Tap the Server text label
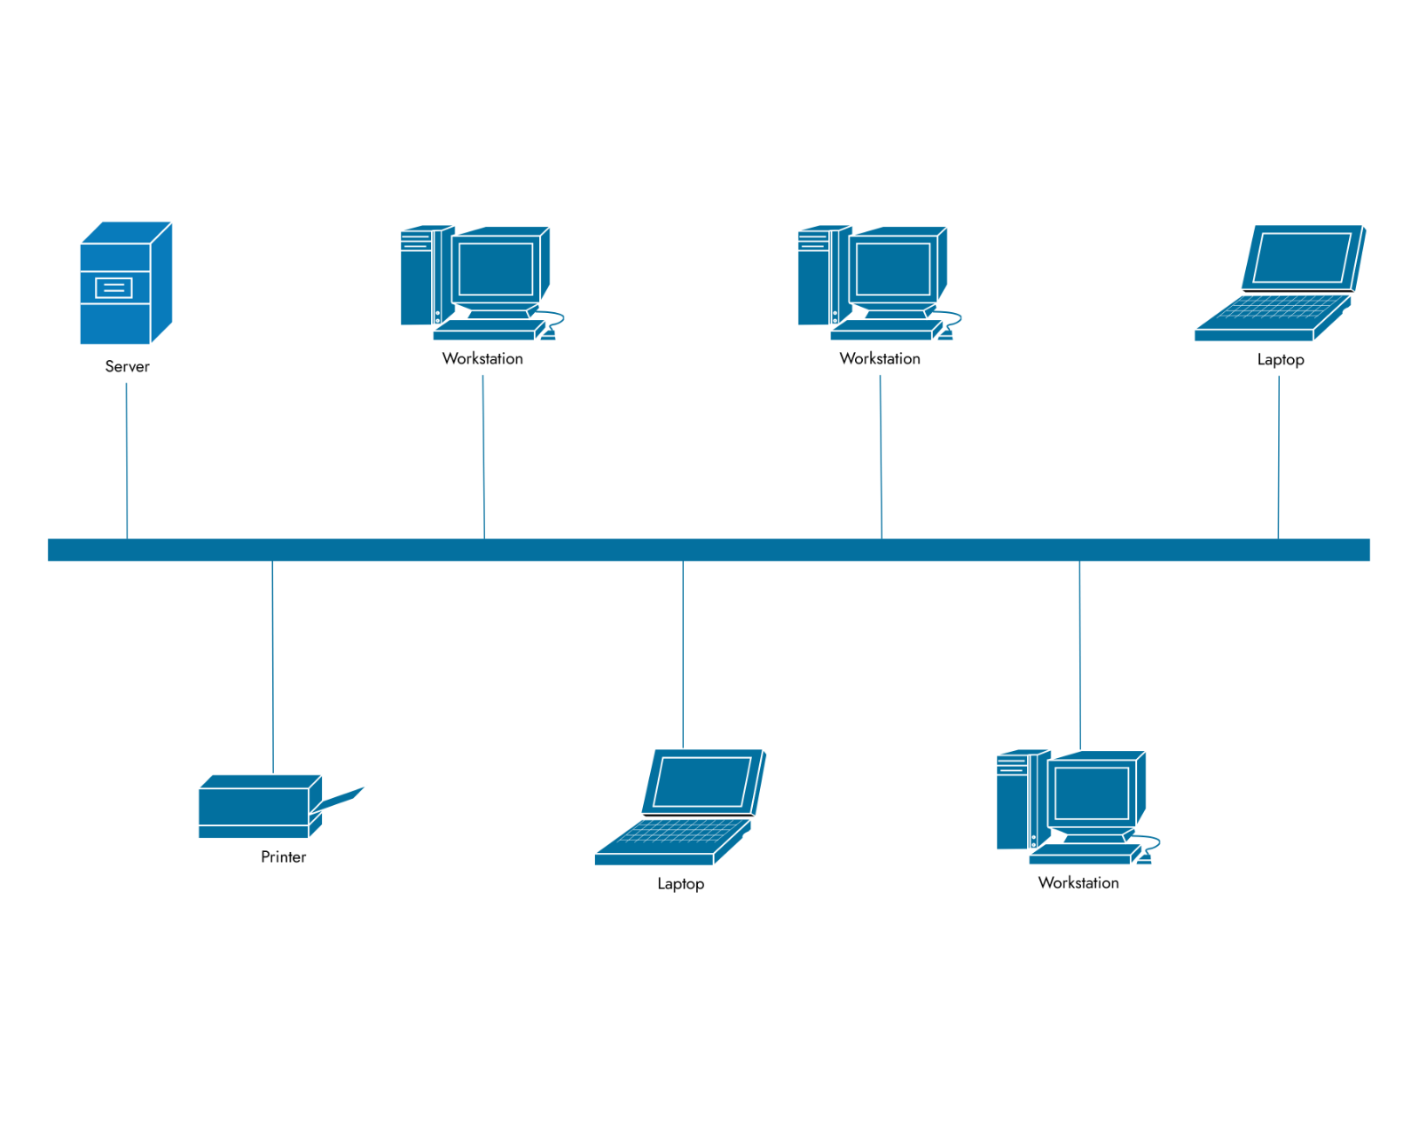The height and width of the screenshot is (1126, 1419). coord(127,366)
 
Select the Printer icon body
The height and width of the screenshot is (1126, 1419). coord(254,807)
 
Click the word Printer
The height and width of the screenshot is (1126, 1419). coord(283,856)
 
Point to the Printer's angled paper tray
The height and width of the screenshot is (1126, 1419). coord(341,798)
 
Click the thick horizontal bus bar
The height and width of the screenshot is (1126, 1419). coord(709,550)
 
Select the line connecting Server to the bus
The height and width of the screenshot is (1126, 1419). coord(127,461)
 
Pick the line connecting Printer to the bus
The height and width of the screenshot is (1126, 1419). coord(272,665)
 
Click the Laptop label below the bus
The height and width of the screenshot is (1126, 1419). coord(680,884)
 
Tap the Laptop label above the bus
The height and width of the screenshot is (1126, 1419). coord(1280,359)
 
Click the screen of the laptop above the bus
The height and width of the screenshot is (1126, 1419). coord(1302,257)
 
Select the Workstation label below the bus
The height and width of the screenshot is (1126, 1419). coord(1078,882)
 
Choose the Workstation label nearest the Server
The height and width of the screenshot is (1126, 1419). coord(482,358)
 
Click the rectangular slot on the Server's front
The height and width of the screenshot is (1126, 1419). coord(114,287)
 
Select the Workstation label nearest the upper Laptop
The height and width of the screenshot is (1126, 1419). coord(880,358)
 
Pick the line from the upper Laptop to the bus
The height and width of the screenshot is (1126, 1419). coord(1278,457)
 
